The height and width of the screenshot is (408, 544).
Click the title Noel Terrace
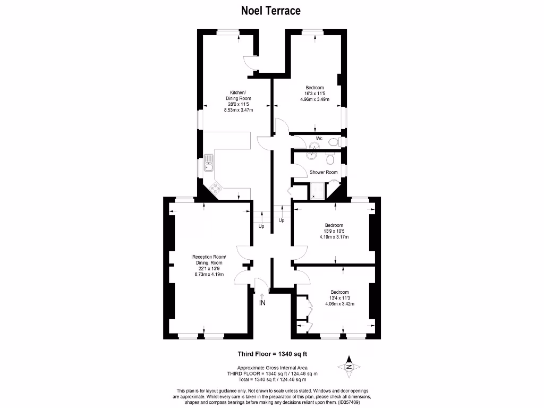(271, 10)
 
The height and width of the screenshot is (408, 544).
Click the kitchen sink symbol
(209, 163)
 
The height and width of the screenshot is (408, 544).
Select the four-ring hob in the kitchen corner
(216, 186)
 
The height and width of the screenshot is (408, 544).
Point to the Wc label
(319, 138)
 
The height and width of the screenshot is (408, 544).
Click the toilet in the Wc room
(334, 142)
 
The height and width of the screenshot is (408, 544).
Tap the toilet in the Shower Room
(330, 158)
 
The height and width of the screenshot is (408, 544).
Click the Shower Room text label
(324, 172)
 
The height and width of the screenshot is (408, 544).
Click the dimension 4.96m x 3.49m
(314, 99)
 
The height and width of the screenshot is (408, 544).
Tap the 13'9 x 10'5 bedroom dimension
(334, 231)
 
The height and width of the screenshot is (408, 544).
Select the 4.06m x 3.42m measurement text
(339, 304)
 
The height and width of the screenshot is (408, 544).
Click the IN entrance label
(262, 303)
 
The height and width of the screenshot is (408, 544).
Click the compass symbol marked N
(349, 367)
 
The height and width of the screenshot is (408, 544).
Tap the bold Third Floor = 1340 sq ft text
(272, 354)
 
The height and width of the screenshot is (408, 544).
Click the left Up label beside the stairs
(261, 226)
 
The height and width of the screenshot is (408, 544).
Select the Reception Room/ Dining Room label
(208, 260)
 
